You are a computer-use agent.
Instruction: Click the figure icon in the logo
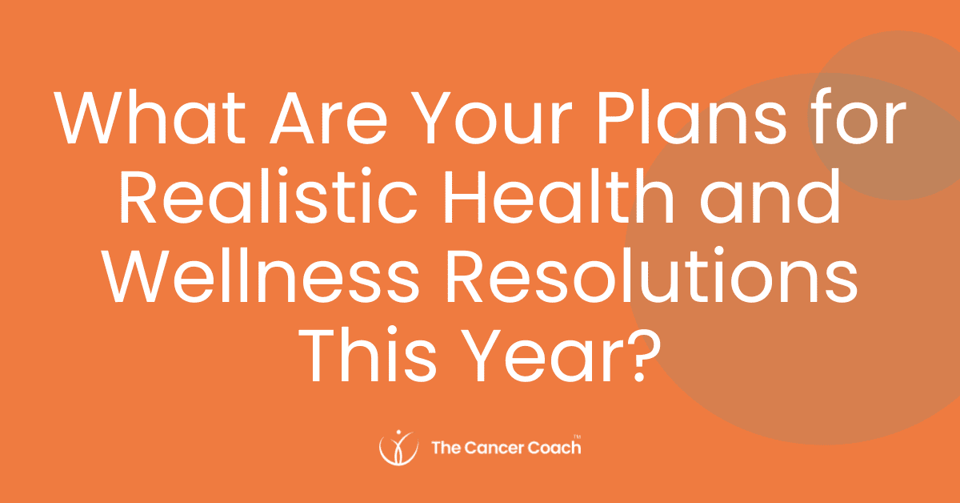click(x=398, y=447)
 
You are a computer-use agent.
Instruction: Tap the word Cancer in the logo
click(x=493, y=448)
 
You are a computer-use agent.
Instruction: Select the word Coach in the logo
click(x=551, y=448)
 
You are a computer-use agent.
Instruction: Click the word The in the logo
click(x=444, y=448)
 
